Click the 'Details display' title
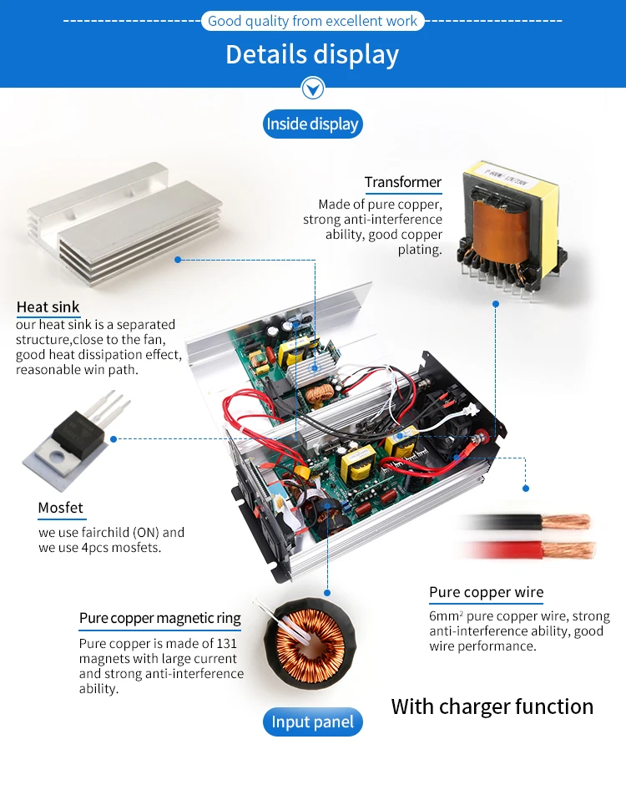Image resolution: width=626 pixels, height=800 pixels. pos(312,54)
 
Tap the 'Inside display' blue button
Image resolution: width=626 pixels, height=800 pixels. pos(312,124)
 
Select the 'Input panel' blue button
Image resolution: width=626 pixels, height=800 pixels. pos(312,722)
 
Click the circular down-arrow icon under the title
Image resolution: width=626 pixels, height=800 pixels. pos(312,88)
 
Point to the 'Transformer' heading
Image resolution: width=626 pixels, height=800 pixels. pos(402,182)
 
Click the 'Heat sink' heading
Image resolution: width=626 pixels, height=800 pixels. pos(48,307)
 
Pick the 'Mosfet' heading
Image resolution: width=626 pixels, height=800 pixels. pos(60,508)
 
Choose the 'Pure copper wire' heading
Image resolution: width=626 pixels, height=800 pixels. pos(486,593)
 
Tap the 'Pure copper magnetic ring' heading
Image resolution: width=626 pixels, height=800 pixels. pos(159,619)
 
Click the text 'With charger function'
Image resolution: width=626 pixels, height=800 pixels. pos(492,706)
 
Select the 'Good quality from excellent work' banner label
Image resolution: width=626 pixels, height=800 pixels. pos(312,21)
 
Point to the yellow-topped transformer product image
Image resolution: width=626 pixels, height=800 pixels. pos(496,221)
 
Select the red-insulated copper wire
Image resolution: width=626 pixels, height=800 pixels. pos(534,549)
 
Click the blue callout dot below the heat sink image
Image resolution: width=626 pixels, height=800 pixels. pos(178,259)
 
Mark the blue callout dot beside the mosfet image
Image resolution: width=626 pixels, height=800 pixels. pos(114,438)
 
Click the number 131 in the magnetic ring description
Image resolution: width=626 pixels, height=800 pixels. pos(226,644)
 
